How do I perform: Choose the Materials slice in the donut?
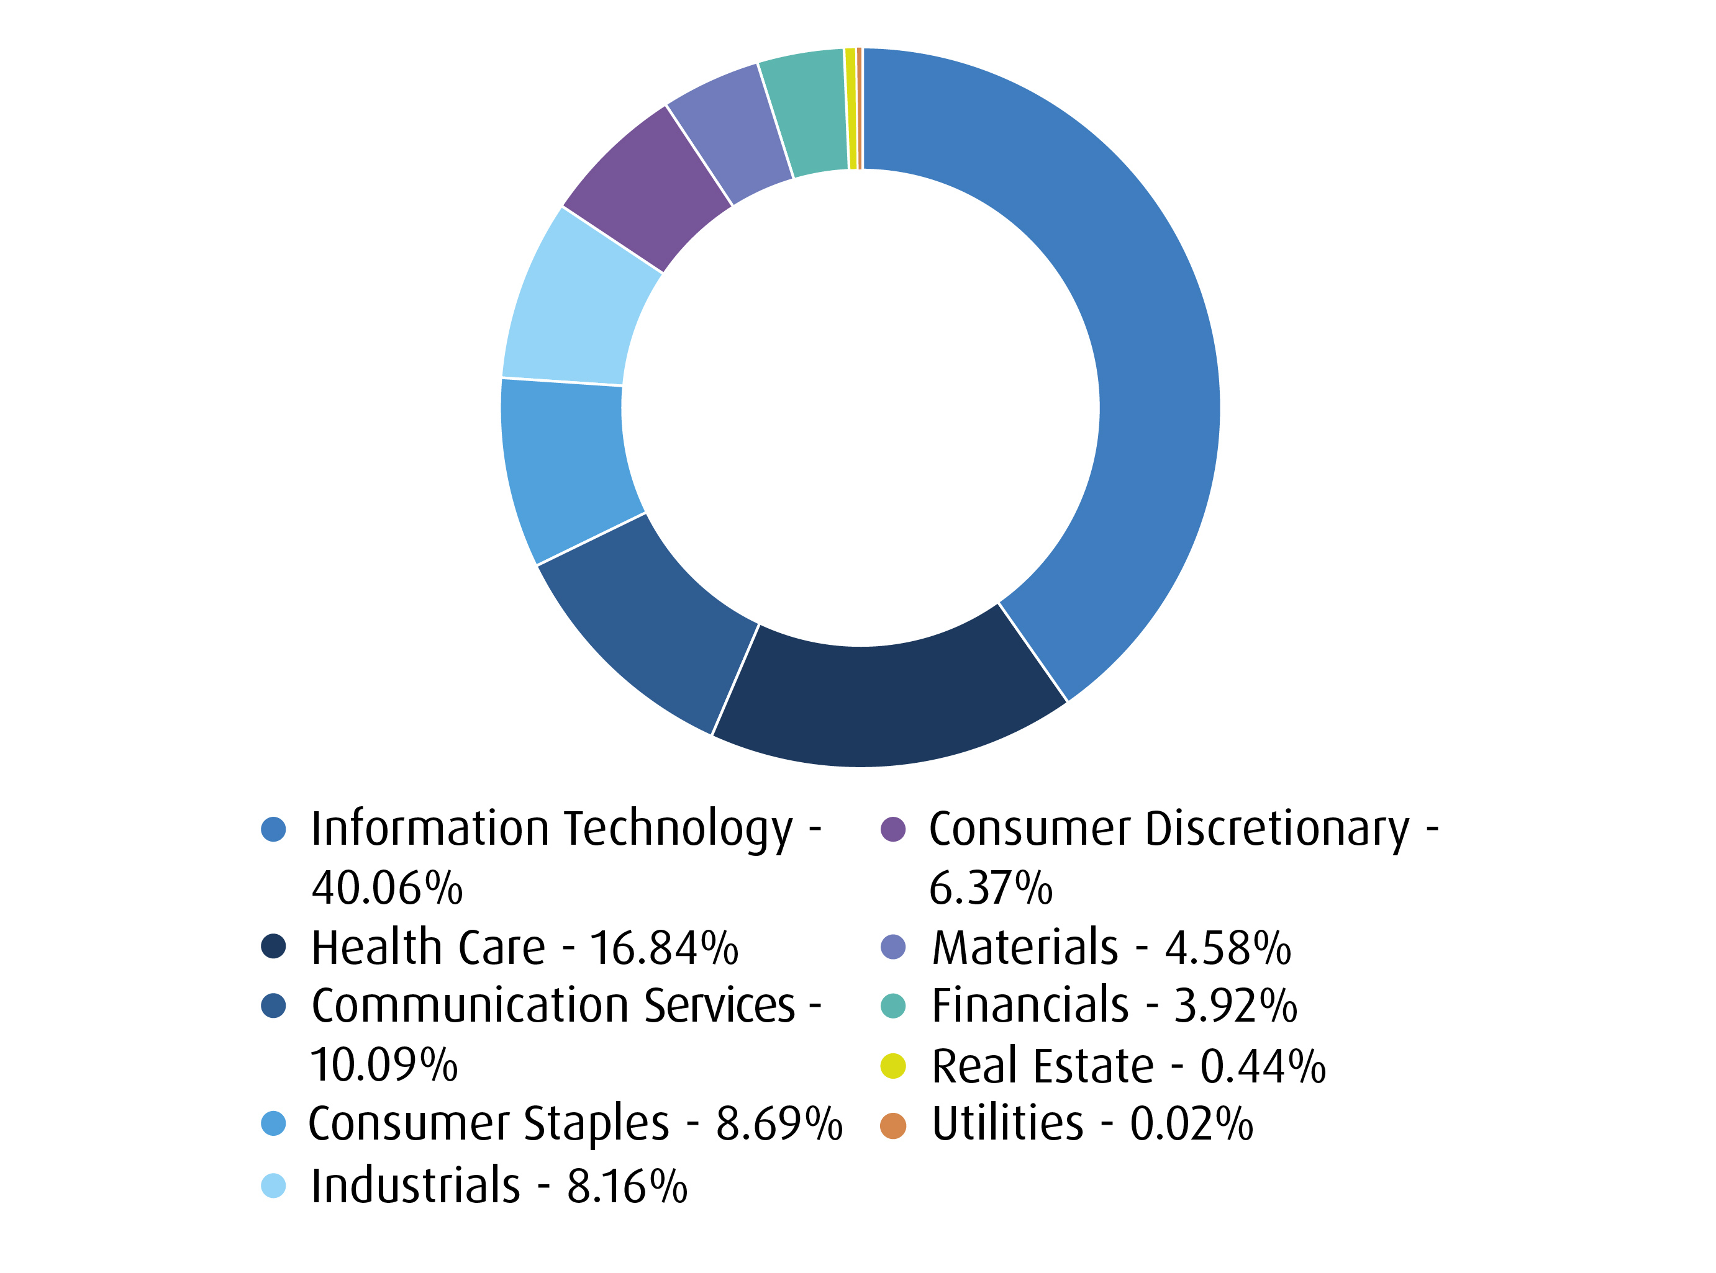tap(732, 131)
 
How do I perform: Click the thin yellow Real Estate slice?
tap(850, 108)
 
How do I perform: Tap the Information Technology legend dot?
tap(274, 830)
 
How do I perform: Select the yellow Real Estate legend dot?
tap(892, 1066)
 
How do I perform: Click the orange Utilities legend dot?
tap(892, 1126)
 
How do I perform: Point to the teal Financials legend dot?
tap(892, 1006)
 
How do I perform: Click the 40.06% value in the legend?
tap(387, 888)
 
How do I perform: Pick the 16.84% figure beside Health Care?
tap(664, 948)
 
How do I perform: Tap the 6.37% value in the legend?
tap(991, 888)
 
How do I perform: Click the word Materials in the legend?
tap(1025, 948)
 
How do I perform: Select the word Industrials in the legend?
tap(415, 1186)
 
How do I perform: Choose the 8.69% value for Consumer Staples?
tap(779, 1124)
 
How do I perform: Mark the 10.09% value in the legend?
tap(384, 1066)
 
